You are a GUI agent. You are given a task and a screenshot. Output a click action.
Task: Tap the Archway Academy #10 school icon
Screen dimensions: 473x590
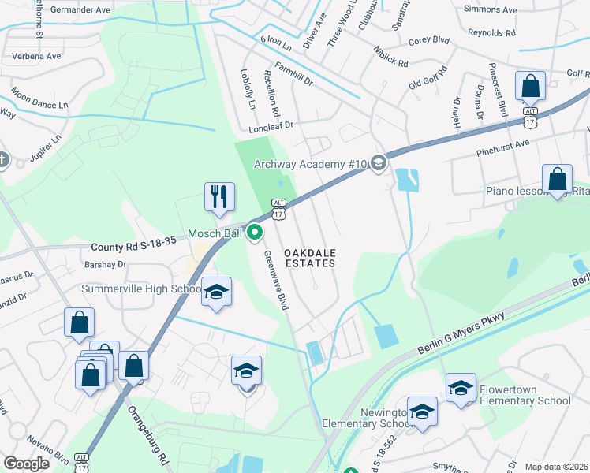point(378,164)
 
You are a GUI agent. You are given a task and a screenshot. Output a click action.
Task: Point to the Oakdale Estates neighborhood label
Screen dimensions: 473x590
point(310,257)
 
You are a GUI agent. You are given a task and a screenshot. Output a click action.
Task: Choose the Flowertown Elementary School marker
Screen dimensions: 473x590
point(461,388)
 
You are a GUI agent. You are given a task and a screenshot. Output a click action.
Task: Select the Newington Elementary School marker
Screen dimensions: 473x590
point(423,412)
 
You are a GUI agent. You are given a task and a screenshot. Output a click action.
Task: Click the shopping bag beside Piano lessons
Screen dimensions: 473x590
point(557,179)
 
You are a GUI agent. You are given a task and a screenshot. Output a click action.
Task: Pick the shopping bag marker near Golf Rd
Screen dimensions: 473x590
point(531,86)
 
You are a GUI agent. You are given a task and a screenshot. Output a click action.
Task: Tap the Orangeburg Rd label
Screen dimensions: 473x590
point(151,434)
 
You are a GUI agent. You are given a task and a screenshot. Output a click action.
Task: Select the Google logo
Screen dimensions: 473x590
point(27,464)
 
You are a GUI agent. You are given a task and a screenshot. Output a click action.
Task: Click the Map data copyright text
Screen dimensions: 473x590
point(557,467)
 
